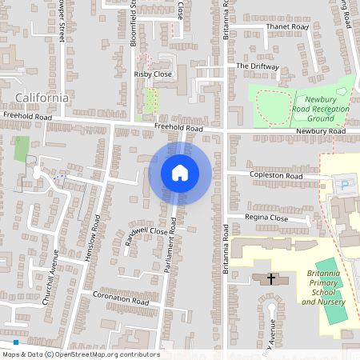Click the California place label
[41, 98]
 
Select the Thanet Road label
[286, 26]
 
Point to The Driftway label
[257, 66]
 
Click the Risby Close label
[153, 74]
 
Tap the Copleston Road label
[275, 176]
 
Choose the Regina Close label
[266, 218]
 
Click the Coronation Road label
[121, 303]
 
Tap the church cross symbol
[271, 279]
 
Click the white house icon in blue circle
[179, 173]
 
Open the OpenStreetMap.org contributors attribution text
[106, 354]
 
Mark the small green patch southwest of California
[21, 148]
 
